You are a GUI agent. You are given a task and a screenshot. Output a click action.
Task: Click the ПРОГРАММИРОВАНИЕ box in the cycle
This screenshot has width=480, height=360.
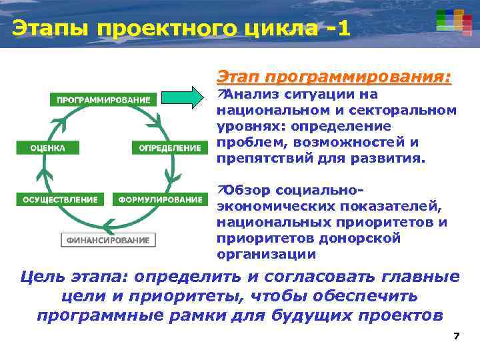[103, 100]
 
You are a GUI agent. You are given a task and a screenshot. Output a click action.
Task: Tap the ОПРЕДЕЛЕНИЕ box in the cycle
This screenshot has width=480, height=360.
[169, 148]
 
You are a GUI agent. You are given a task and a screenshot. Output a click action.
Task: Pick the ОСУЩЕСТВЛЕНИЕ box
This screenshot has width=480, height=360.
[60, 199]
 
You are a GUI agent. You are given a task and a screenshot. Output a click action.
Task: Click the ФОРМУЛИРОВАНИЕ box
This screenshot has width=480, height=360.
[160, 199]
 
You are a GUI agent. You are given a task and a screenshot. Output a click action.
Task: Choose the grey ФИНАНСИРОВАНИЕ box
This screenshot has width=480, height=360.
[107, 240]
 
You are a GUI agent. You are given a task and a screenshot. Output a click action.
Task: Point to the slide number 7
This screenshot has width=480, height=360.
[456, 336]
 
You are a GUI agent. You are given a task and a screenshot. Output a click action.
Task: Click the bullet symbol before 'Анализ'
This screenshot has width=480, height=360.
[221, 93]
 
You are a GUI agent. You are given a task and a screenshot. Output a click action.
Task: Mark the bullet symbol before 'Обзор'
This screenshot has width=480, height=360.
[221, 190]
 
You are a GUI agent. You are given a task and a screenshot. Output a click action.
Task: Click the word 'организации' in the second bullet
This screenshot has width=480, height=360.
[266, 254]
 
